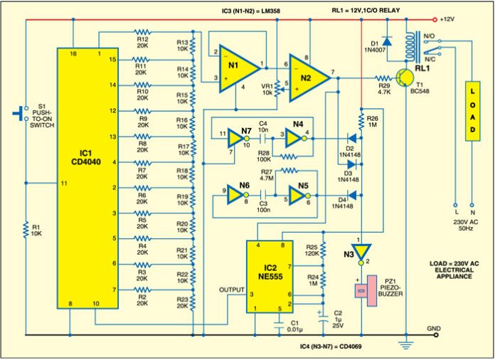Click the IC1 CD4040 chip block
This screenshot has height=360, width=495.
pyautogui.click(x=87, y=179)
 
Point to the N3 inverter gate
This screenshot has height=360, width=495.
pyautogui.click(x=361, y=252)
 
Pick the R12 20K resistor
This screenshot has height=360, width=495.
pyautogui.click(x=144, y=33)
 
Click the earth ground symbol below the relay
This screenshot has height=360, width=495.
pyautogui.click(x=406, y=346)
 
